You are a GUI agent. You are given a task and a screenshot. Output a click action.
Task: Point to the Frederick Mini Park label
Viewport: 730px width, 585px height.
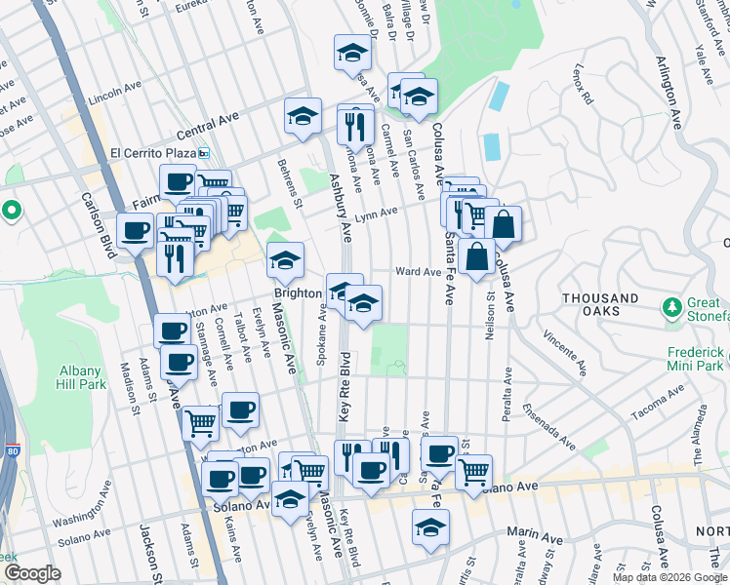pyautogui.click(x=695, y=358)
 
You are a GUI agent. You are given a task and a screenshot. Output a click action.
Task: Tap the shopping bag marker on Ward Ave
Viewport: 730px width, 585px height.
pyautogui.click(x=478, y=259)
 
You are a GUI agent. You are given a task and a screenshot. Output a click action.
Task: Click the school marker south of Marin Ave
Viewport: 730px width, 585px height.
pyautogui.click(x=430, y=528)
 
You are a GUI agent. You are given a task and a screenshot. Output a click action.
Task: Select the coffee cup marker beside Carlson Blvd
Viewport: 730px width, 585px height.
pyautogui.click(x=136, y=232)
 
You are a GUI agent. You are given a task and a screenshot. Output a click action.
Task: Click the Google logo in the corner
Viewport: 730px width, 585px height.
pyautogui.click(x=32, y=573)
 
